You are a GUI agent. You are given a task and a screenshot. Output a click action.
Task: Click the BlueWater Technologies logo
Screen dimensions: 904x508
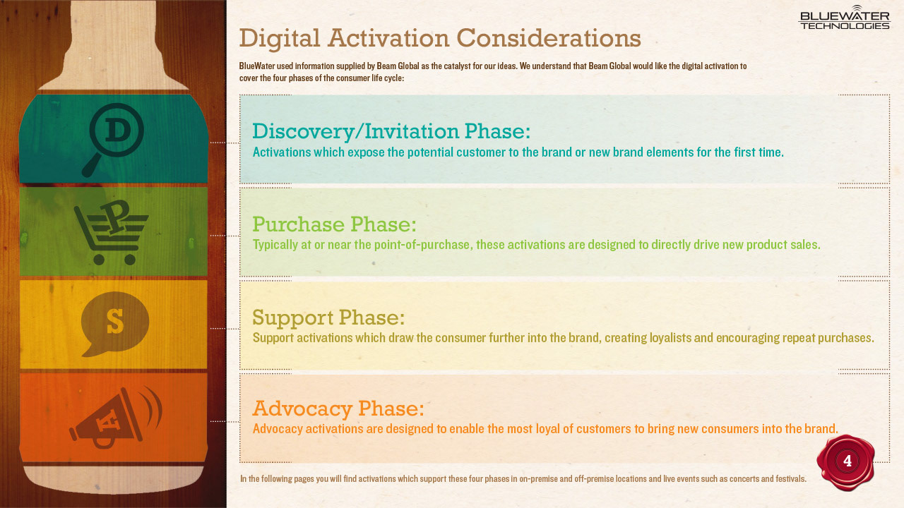844,18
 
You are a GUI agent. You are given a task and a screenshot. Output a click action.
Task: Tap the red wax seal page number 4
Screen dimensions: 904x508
846,462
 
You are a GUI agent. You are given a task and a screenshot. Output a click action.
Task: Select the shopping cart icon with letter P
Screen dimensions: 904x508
111,232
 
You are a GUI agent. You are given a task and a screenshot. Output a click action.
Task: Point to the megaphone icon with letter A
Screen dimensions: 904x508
116,418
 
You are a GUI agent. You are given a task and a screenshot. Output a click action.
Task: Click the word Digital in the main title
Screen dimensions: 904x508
280,39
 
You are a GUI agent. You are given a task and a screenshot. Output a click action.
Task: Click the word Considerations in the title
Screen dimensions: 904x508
549,38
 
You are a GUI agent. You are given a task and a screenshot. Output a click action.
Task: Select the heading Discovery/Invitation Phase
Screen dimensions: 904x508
391,132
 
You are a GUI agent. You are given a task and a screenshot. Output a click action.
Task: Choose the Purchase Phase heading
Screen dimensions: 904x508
334,224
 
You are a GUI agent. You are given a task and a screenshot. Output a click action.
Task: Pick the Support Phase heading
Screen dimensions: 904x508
328,317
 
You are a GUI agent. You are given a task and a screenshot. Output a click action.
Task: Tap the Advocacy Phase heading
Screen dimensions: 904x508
338,409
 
